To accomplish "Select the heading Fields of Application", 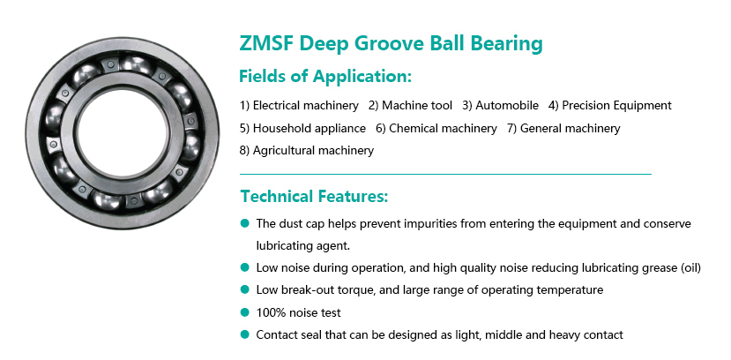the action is pyautogui.click(x=325, y=76).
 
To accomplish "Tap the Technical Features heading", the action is pyautogui.click(x=314, y=196).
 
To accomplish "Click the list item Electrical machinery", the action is pyautogui.click(x=299, y=105).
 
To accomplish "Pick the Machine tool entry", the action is pyautogui.click(x=410, y=105).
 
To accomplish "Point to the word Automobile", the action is pyautogui.click(x=507, y=105).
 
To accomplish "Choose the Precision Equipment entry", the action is pyautogui.click(x=610, y=105).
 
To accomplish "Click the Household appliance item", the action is pyautogui.click(x=302, y=128).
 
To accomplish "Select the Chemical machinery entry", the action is pyautogui.click(x=436, y=128).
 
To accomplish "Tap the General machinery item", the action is pyautogui.click(x=563, y=128).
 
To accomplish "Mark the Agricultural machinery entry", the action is pyautogui.click(x=307, y=151).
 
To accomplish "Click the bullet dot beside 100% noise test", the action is pyautogui.click(x=245, y=312).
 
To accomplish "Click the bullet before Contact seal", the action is pyautogui.click(x=245, y=334).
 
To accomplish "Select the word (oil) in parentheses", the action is pyautogui.click(x=691, y=267).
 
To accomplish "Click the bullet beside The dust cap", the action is pyautogui.click(x=245, y=223).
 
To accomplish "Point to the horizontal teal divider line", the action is pyautogui.click(x=445, y=174).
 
